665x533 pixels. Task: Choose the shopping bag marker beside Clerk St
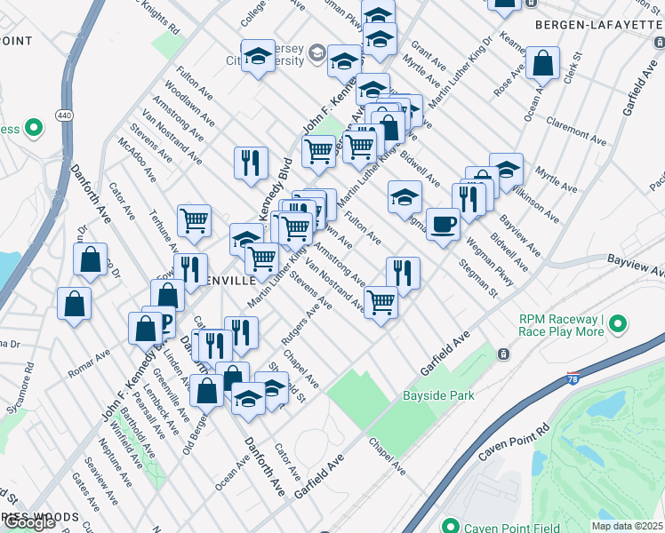[541, 63]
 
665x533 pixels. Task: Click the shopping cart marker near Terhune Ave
[194, 220]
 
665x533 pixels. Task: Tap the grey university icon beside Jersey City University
[316, 56]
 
